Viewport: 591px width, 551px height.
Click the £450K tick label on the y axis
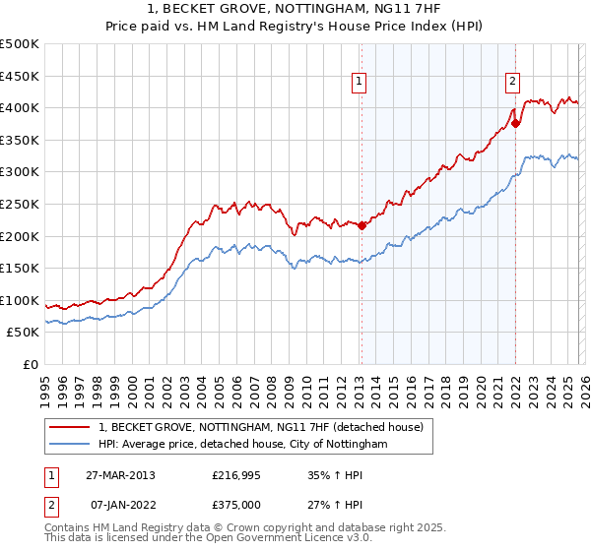pyautogui.click(x=19, y=76)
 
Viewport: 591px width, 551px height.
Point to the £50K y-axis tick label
pyautogui.click(x=23, y=333)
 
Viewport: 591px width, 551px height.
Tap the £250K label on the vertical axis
pyautogui.click(x=19, y=205)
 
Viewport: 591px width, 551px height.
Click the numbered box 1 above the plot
pyautogui.click(x=360, y=83)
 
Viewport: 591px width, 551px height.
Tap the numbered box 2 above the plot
pyautogui.click(x=513, y=83)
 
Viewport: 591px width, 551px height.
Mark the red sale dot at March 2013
pyautogui.click(x=361, y=225)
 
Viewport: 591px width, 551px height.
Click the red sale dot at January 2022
pyautogui.click(x=515, y=124)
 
